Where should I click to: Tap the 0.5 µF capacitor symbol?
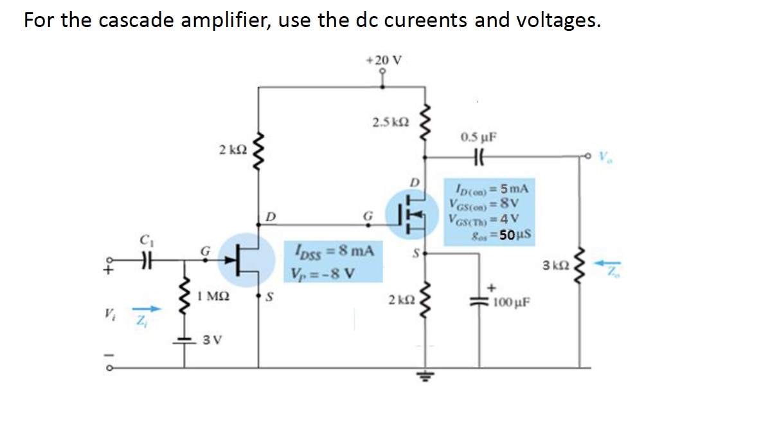coord(478,156)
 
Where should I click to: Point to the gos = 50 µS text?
coord(495,234)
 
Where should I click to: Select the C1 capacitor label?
coord(144,243)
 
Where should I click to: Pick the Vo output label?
coord(605,156)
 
